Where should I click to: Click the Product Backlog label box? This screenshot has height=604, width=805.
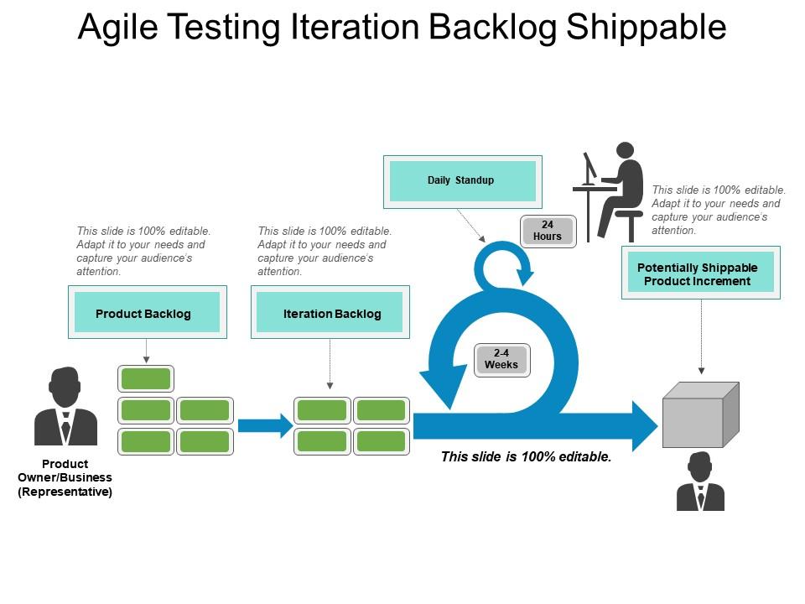(x=147, y=313)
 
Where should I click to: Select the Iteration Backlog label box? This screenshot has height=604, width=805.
(x=330, y=313)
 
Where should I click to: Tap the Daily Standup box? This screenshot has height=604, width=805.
(x=462, y=180)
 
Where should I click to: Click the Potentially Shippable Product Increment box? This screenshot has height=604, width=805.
(x=700, y=273)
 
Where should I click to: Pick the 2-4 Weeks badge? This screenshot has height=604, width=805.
(x=501, y=359)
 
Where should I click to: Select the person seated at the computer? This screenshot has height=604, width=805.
(x=621, y=189)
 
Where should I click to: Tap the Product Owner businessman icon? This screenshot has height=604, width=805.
(x=65, y=409)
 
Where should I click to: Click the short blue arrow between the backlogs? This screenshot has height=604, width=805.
(x=263, y=426)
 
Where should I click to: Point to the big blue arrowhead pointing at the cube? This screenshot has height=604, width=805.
(x=644, y=426)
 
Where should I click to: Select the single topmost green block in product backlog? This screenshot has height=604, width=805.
(x=146, y=379)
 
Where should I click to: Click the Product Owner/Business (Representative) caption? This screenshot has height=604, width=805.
(x=65, y=478)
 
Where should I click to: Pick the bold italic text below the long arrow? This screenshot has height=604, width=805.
(x=526, y=458)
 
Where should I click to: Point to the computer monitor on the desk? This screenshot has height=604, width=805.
(x=590, y=166)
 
